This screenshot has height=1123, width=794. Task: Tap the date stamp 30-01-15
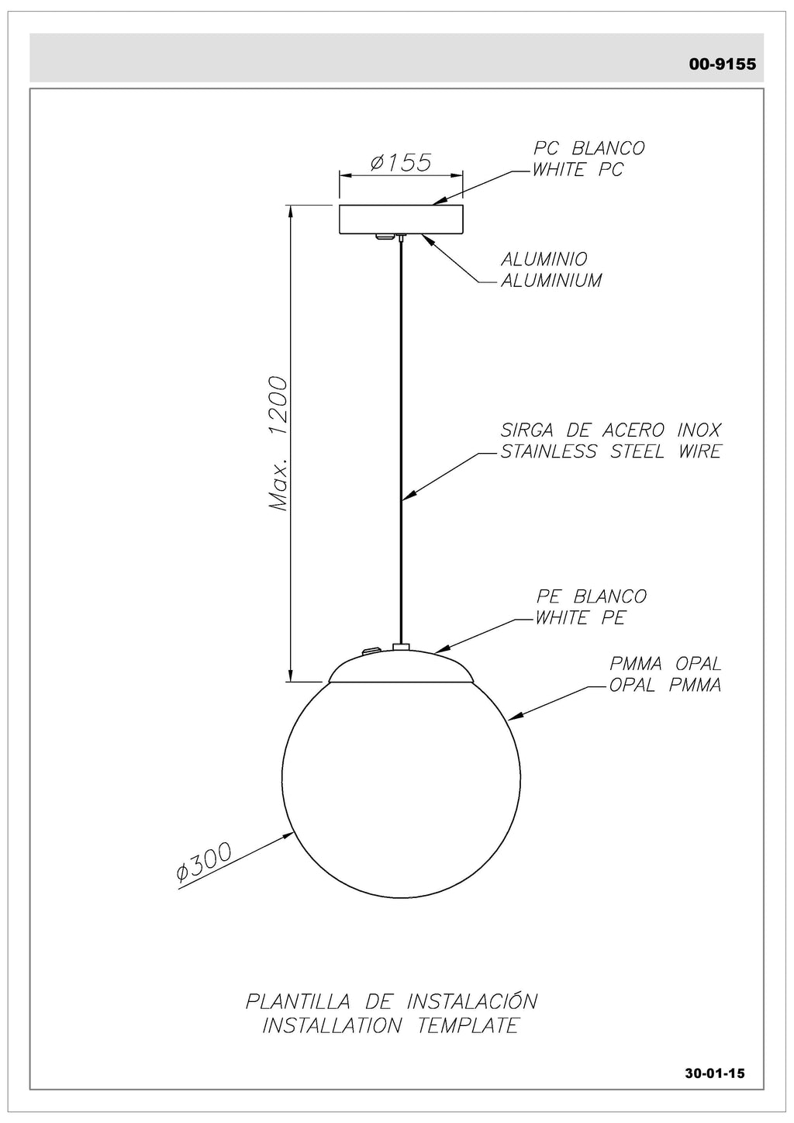(x=714, y=1073)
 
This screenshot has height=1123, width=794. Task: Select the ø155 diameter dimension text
(x=401, y=162)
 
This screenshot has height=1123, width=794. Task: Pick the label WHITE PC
(x=578, y=170)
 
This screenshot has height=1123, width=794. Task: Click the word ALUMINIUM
(x=551, y=281)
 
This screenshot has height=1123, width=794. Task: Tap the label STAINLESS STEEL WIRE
(x=610, y=451)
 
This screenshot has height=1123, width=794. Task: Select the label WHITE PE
(x=580, y=618)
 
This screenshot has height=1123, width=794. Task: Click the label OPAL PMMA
(x=665, y=686)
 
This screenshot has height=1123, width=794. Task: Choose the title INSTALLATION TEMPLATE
(x=390, y=1025)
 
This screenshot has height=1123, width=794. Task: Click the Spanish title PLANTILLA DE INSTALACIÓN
(x=392, y=1000)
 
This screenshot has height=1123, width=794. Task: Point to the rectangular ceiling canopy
(x=401, y=219)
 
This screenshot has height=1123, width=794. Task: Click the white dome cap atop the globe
(x=401, y=666)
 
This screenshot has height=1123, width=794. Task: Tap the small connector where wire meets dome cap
(x=401, y=646)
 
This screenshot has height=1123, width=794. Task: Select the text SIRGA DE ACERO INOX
(x=610, y=430)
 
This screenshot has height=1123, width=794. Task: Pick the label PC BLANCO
(x=589, y=148)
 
